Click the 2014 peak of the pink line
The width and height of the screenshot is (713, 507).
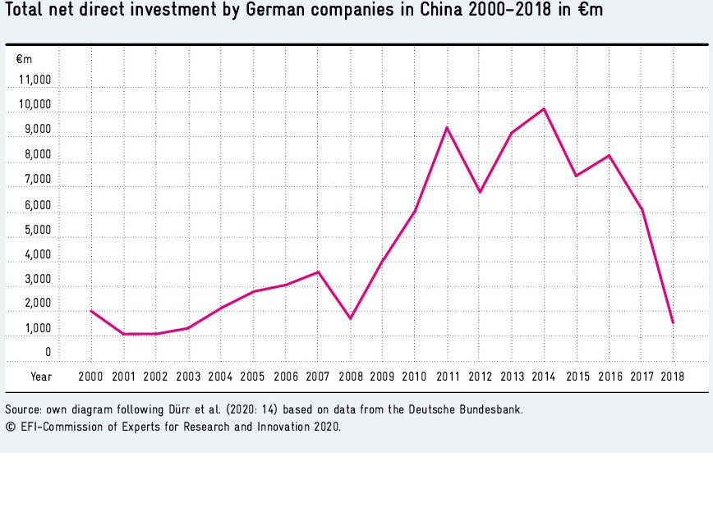[x=544, y=109]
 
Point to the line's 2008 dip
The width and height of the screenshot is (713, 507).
[x=351, y=318]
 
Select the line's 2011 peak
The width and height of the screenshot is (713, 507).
[x=447, y=128]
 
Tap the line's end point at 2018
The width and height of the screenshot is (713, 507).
[x=673, y=322]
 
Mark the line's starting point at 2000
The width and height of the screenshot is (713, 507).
[x=91, y=311]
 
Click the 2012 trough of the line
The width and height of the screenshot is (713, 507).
[x=480, y=192]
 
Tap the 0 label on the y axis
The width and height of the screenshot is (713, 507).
[x=48, y=353]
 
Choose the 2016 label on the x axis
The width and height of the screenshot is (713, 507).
[x=609, y=377]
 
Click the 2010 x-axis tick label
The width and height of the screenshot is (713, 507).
[x=414, y=377]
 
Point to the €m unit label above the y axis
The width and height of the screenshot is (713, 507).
[x=24, y=58]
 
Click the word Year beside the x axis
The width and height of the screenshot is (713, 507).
[x=41, y=377]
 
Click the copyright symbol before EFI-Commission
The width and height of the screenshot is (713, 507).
[x=11, y=427]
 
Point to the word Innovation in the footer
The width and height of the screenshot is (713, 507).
[x=273, y=427]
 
